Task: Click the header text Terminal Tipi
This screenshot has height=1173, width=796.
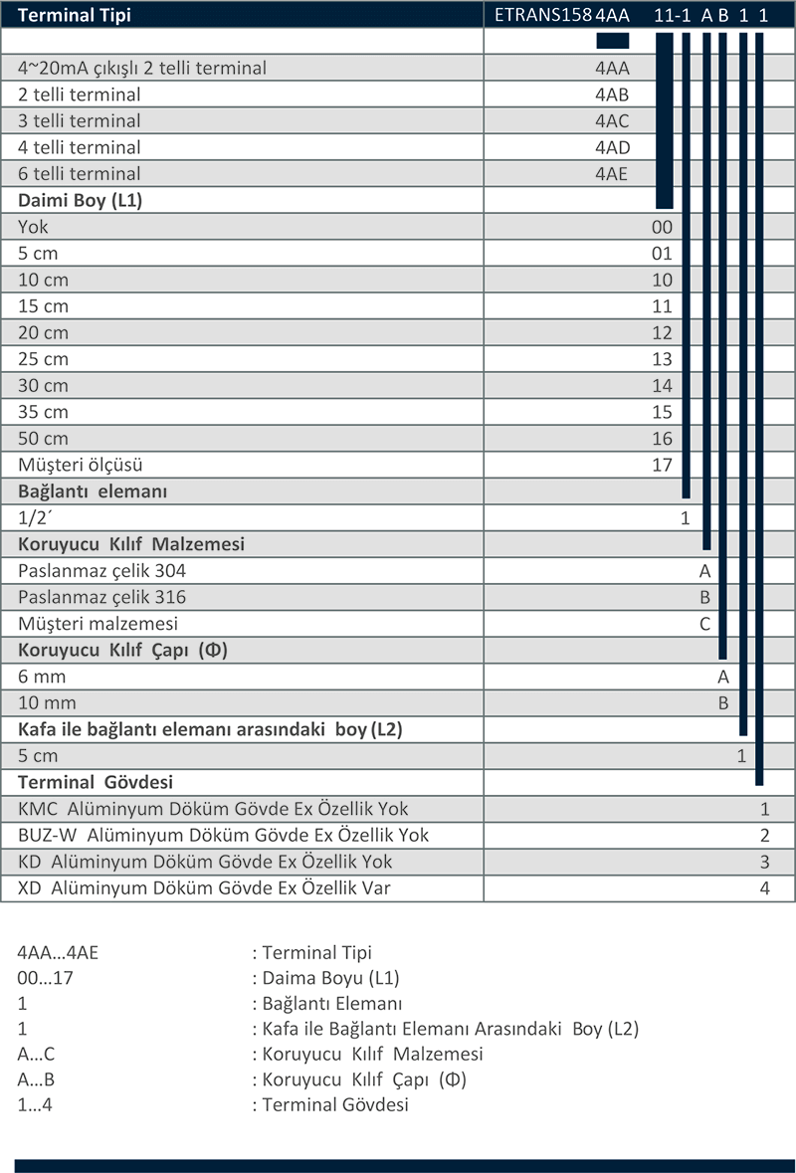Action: tap(74, 15)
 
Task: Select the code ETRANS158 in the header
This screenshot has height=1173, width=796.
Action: tap(543, 15)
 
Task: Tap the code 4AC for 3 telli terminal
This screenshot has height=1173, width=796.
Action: tap(612, 121)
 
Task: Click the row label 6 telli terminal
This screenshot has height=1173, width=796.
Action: tap(80, 173)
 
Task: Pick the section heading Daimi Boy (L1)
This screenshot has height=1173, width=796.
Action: tap(80, 201)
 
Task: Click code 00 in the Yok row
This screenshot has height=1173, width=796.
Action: tap(662, 227)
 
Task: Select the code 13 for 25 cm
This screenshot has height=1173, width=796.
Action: tap(662, 359)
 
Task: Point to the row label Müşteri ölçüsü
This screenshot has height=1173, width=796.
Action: tap(80, 465)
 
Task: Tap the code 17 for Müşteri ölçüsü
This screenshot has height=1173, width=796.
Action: tap(662, 465)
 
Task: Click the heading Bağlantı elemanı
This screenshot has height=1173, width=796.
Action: tap(93, 491)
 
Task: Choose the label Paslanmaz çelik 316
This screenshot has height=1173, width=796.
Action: tap(101, 597)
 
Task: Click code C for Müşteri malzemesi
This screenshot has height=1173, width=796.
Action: tap(704, 624)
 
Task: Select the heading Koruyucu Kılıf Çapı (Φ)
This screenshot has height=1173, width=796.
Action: tap(122, 650)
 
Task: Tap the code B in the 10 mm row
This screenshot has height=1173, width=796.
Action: tap(723, 703)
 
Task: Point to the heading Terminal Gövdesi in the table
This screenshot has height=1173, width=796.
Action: tap(95, 783)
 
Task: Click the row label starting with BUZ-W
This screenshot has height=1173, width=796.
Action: tap(223, 835)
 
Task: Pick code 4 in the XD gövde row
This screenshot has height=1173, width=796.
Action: tap(764, 888)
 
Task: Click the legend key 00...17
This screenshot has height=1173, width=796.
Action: tap(45, 978)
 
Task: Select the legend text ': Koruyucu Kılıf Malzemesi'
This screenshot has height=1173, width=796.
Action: tap(367, 1054)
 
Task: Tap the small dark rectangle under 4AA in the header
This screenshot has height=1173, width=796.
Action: tap(613, 41)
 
